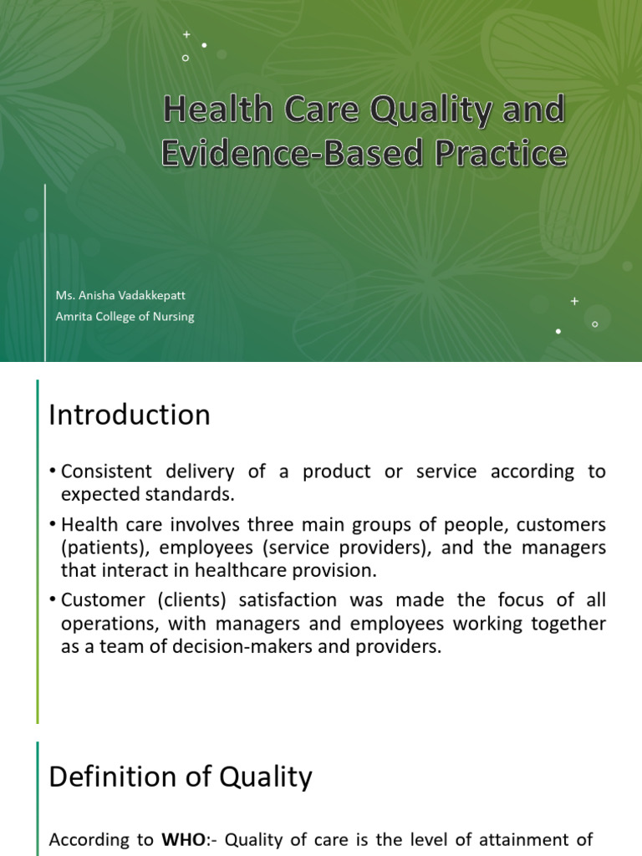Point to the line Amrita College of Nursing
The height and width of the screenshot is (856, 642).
[x=125, y=317]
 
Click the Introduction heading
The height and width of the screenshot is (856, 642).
[x=130, y=415]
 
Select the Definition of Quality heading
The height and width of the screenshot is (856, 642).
[x=181, y=777]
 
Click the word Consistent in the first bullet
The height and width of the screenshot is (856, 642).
[x=107, y=471]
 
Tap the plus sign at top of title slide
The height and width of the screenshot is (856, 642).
[x=186, y=34]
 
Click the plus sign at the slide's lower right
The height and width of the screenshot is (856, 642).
[x=574, y=301]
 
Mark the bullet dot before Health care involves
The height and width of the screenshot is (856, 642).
[x=53, y=525]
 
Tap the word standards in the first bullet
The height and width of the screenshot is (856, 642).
[x=186, y=494]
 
